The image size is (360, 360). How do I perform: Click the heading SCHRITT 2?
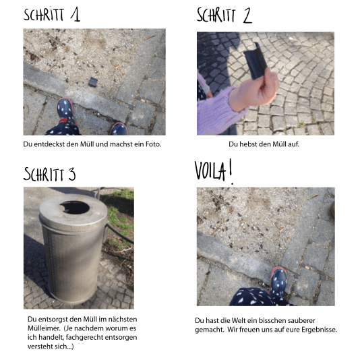click(224, 16)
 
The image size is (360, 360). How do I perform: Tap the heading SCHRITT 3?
click(50, 174)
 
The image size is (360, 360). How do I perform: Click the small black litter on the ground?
click(94, 82)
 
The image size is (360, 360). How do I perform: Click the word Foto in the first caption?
click(153, 144)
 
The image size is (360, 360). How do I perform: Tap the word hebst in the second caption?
click(253, 144)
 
